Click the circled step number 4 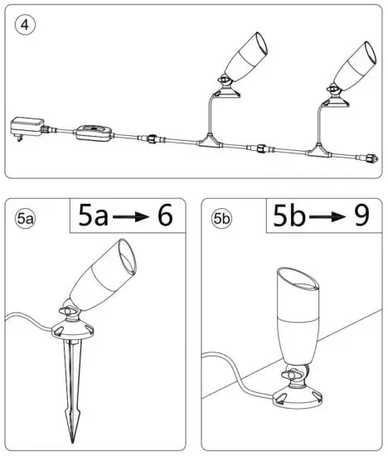pyautogui.click(x=24, y=25)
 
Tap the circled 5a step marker pyautogui.click(x=25, y=220)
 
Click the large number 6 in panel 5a pyautogui.click(x=164, y=216)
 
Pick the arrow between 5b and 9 pyautogui.click(x=321, y=217)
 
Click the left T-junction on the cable pyautogui.click(x=209, y=143)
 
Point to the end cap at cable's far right pyautogui.click(x=371, y=155)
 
